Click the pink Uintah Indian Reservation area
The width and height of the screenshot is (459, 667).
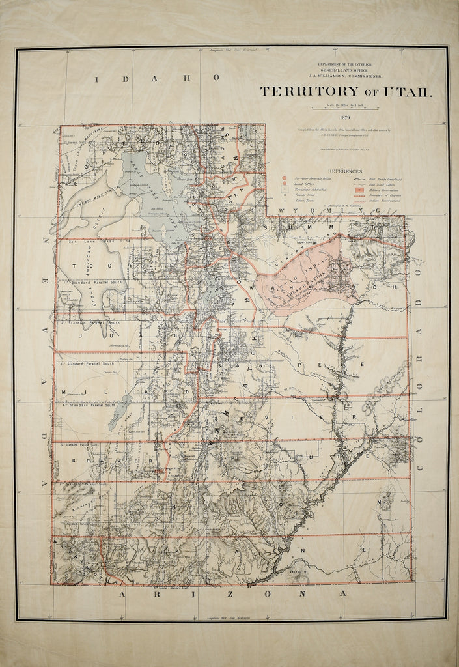click(306, 277)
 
